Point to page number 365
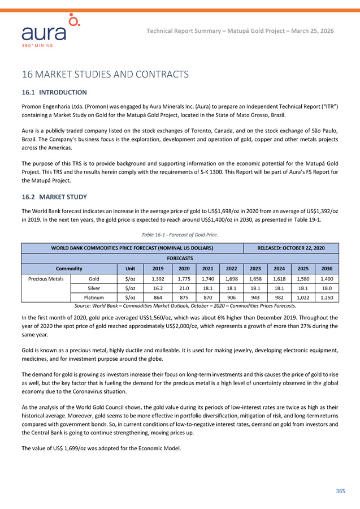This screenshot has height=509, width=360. coord(340,491)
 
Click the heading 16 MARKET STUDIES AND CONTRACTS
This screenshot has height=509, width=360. coord(105,74)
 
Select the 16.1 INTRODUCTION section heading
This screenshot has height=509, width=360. coord(54,92)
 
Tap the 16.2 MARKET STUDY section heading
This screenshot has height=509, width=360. coord(54,197)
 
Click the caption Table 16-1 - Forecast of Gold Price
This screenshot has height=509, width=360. coord(180,234)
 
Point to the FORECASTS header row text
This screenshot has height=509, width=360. coord(180,258)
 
